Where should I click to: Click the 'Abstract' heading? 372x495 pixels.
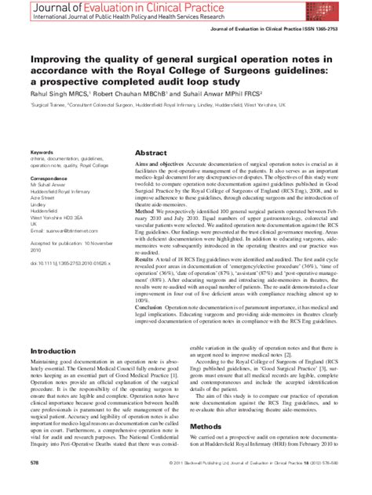129,154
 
